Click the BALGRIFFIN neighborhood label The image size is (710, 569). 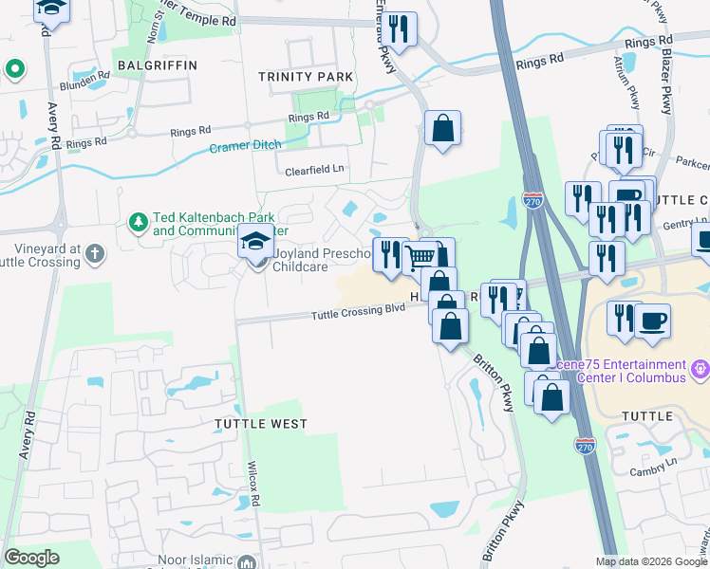coord(157,64)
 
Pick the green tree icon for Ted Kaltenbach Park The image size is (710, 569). coord(139,222)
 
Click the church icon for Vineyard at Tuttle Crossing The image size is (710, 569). coord(93,253)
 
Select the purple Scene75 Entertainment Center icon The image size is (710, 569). coord(701,366)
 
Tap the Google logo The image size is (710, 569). coord(31,558)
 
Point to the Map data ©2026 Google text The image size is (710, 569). coord(650,561)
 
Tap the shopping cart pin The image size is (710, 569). coord(420,256)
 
